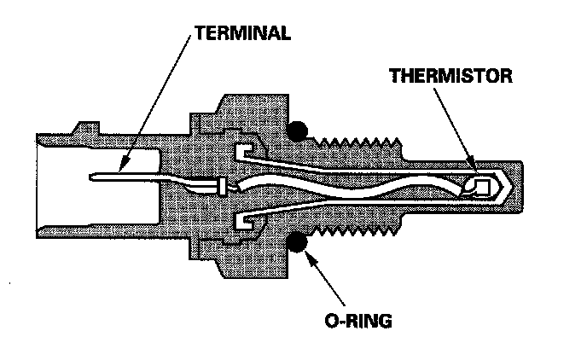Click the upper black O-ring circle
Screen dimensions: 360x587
click(x=298, y=130)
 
